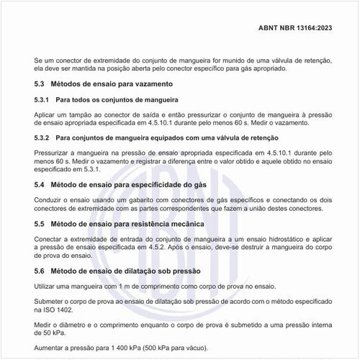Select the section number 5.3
[40, 84]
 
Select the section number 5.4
[40, 185]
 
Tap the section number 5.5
[40, 225]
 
